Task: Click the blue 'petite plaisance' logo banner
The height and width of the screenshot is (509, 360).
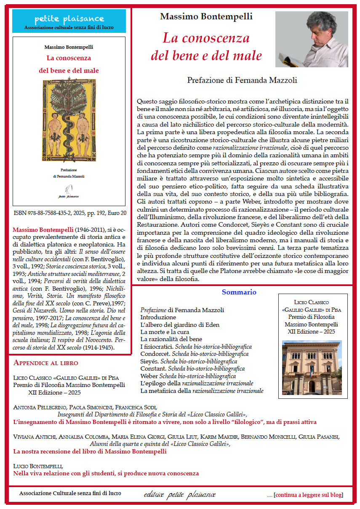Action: click(x=69, y=21)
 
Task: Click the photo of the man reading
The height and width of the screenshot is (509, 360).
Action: click(x=312, y=39)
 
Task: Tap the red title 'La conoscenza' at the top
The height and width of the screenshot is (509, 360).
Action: click(x=206, y=38)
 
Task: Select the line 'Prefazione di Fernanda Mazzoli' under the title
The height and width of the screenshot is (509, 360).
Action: click(x=239, y=80)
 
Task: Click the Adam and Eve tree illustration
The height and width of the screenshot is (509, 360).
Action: click(x=69, y=120)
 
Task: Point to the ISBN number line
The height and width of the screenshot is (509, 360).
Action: click(x=70, y=213)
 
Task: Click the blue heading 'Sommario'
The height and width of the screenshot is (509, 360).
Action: click(x=239, y=292)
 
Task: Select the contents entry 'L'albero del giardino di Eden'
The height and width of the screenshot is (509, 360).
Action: click(x=180, y=325)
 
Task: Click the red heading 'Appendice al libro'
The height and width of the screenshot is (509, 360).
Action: click(x=46, y=363)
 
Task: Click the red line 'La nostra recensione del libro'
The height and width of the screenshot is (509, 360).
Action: click(x=90, y=451)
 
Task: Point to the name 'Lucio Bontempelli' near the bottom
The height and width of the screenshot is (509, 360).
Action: click(x=38, y=466)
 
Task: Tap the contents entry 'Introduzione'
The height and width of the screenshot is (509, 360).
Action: click(x=158, y=317)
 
